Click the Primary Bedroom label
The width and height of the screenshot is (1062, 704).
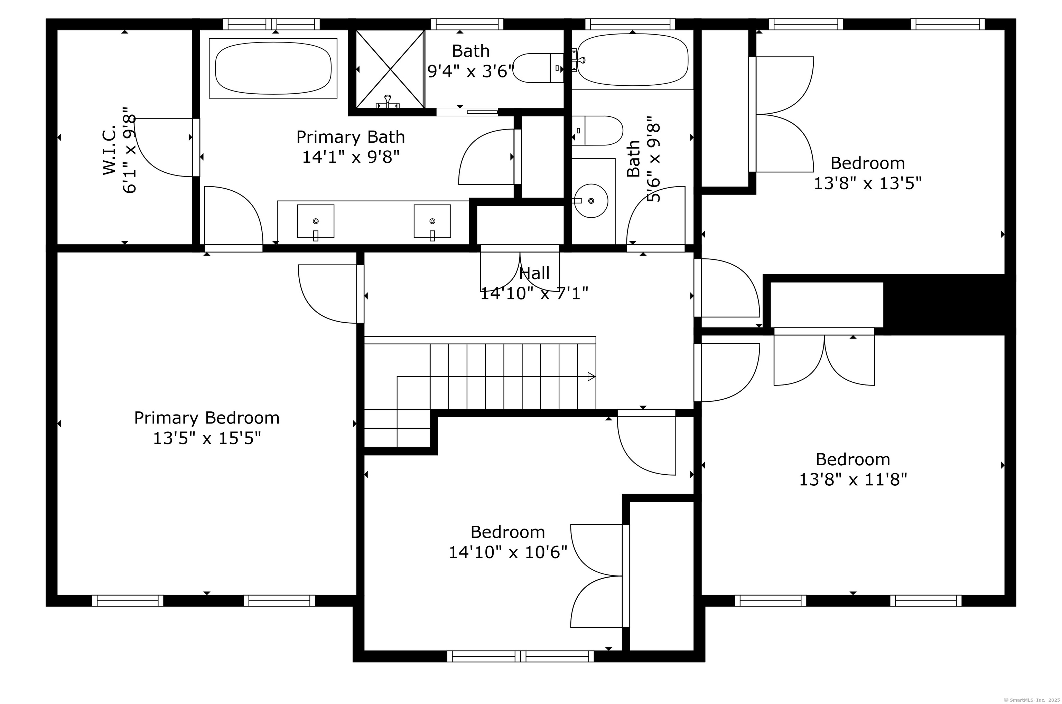pyautogui.click(x=207, y=418)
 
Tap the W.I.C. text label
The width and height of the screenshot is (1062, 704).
pyautogui.click(x=109, y=150)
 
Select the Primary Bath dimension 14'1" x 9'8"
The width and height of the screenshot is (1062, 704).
pyautogui.click(x=351, y=157)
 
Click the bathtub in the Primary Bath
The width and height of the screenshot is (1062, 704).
pyautogui.click(x=273, y=68)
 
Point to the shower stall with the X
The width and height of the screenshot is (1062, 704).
pyautogui.click(x=390, y=69)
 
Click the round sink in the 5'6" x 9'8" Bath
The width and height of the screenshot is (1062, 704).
pyautogui.click(x=591, y=201)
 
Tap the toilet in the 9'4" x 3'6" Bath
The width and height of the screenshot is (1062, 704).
pyautogui.click(x=539, y=68)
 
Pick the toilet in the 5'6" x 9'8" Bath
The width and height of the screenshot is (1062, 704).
pyautogui.click(x=597, y=131)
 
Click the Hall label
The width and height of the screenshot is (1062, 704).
pyautogui.click(x=534, y=273)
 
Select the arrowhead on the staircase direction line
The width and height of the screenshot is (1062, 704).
pyautogui.click(x=591, y=377)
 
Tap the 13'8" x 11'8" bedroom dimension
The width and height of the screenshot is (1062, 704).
pyautogui.click(x=853, y=479)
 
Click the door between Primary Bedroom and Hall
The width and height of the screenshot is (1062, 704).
pyautogui.click(x=360, y=294)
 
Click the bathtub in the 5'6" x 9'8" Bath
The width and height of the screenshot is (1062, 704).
pyautogui.click(x=633, y=60)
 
